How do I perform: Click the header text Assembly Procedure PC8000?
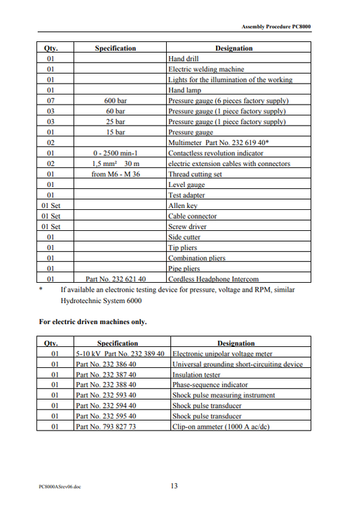point(276,26)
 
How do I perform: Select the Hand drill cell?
point(183,59)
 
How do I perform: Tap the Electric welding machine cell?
point(206,69)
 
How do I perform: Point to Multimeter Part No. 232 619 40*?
point(219,143)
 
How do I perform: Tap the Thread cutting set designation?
point(195,174)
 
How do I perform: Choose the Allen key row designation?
point(184,205)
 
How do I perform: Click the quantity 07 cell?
point(51,101)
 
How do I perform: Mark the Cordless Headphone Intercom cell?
point(213,278)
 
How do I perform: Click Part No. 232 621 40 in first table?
point(115,278)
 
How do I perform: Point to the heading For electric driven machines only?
point(93,321)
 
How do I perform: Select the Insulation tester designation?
point(197,375)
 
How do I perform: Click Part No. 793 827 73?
point(106,427)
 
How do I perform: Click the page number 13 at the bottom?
point(174,485)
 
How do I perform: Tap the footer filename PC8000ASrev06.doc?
point(60,486)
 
